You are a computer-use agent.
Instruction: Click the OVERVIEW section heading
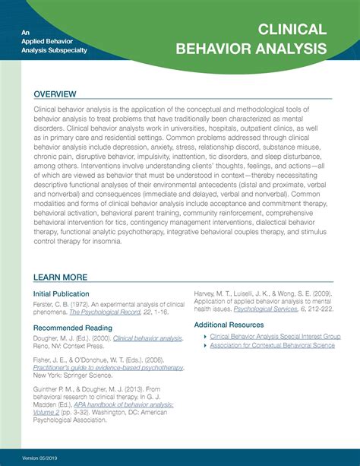[x=55, y=94]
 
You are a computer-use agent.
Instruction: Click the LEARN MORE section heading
[x=61, y=277]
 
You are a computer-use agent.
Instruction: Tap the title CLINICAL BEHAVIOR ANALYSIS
[x=251, y=40]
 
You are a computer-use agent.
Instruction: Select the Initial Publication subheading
[x=62, y=293]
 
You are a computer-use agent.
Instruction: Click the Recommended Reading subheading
[x=70, y=328]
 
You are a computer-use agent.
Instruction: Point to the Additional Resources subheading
[x=229, y=325]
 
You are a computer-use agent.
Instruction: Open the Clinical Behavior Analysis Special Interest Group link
[x=275, y=335]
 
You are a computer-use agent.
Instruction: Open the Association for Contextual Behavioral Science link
[x=272, y=345]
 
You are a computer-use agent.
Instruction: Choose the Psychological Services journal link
[x=261, y=310]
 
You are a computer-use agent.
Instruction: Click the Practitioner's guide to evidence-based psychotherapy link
[x=108, y=367]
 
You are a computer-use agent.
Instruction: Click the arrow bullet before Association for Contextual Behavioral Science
[x=204, y=345]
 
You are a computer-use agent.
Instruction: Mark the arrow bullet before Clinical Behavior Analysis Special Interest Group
[x=204, y=335]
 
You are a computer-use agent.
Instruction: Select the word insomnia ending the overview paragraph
[x=106, y=241]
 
